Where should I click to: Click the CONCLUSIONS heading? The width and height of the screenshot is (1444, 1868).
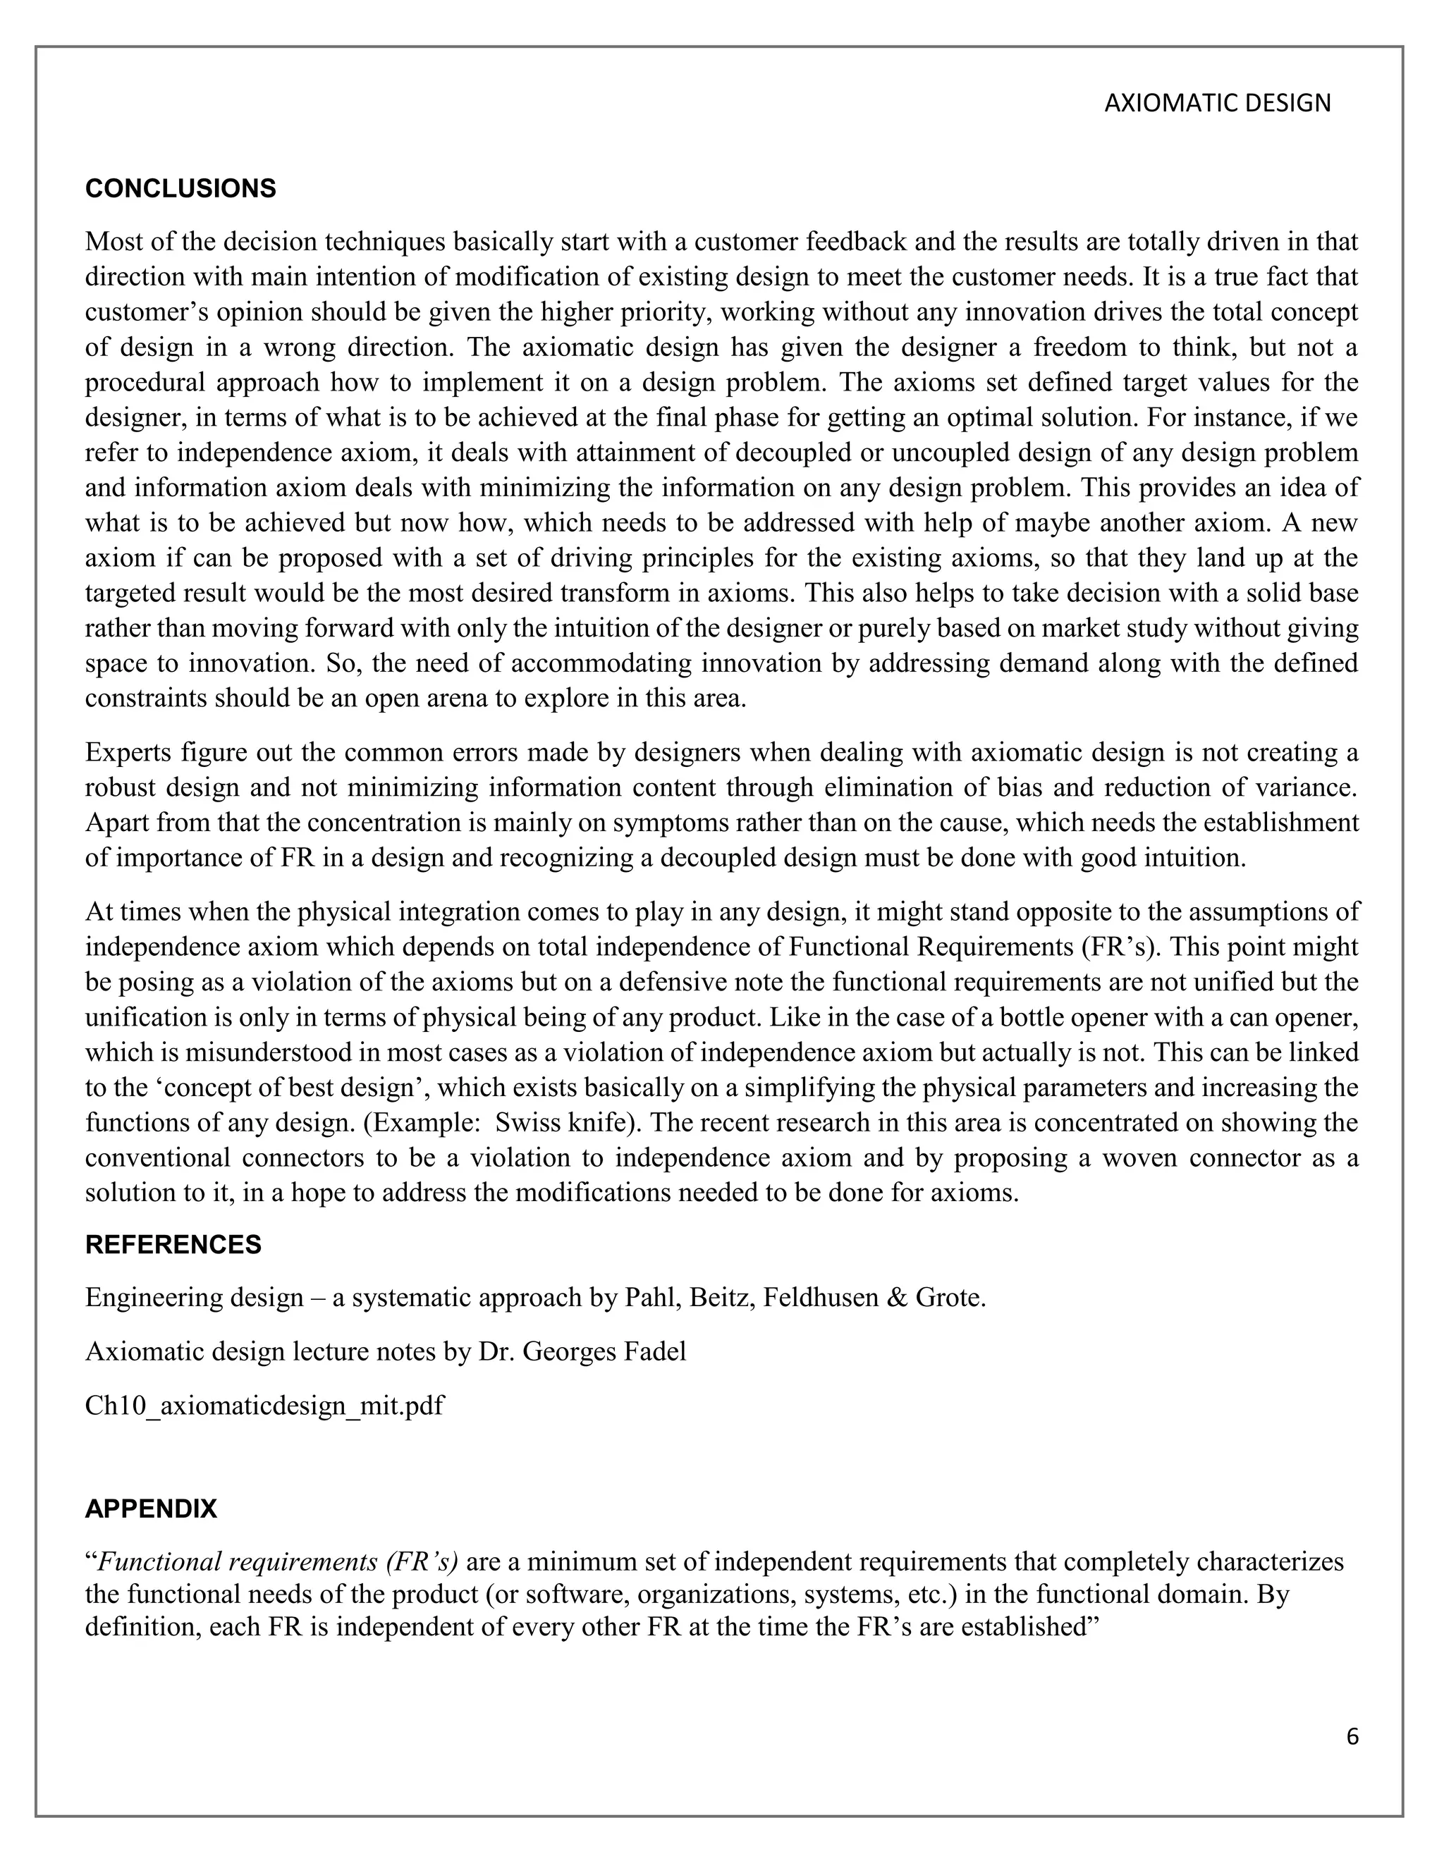click(180, 189)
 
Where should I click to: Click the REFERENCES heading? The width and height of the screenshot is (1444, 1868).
click(173, 1244)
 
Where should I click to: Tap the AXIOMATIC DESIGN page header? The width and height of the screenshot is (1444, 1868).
click(1217, 104)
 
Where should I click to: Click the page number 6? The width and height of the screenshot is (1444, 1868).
click(1352, 1737)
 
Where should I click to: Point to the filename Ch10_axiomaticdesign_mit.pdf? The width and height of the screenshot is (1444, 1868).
click(264, 1406)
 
